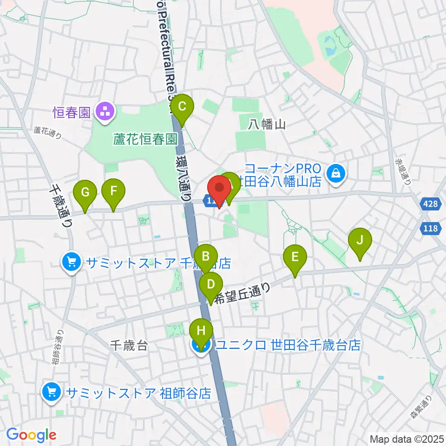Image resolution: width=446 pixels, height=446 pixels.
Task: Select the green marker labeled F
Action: click(113, 191)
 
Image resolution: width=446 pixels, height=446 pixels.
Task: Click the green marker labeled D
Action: click(210, 284)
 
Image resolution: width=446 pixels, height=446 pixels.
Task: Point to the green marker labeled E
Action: click(295, 257)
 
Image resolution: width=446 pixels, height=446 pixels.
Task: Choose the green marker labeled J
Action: click(360, 240)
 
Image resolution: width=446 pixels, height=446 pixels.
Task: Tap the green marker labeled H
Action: click(201, 331)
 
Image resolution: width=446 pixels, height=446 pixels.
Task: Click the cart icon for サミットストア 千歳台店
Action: click(72, 263)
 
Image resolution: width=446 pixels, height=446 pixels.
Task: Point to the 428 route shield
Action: click(432, 204)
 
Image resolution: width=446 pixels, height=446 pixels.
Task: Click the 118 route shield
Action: click(432, 229)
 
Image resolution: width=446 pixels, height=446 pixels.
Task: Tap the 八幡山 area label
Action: click(266, 124)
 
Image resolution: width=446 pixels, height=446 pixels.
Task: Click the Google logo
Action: click(31, 434)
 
